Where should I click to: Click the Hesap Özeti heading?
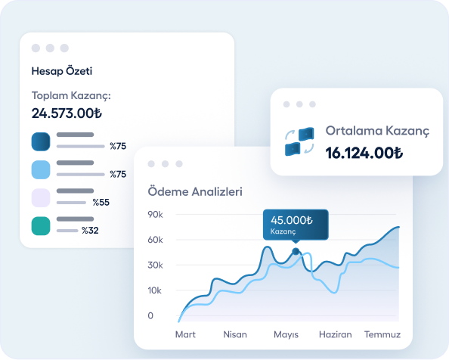pos(62,72)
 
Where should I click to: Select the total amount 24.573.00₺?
pos(67,113)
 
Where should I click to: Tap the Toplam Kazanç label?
pos(71,96)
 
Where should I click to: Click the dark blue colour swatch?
pos(41,141)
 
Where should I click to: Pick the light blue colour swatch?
pos(41,169)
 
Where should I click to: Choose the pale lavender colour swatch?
pos(41,197)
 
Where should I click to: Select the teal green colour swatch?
pos(41,225)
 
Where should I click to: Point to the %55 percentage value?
pos(101,202)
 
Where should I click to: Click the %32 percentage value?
pos(91,230)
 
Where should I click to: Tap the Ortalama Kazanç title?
pos(377,131)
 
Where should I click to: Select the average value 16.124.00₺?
pos(364,153)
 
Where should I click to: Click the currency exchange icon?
pos(298,141)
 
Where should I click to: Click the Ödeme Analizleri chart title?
pos(195,192)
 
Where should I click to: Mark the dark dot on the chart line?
pos(296,251)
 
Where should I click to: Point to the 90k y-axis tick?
pos(155,215)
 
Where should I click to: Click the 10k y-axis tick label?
pos(154,290)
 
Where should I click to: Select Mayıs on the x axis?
pos(286,334)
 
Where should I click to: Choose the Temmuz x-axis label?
pos(382,334)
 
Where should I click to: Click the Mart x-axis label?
pos(186,334)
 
